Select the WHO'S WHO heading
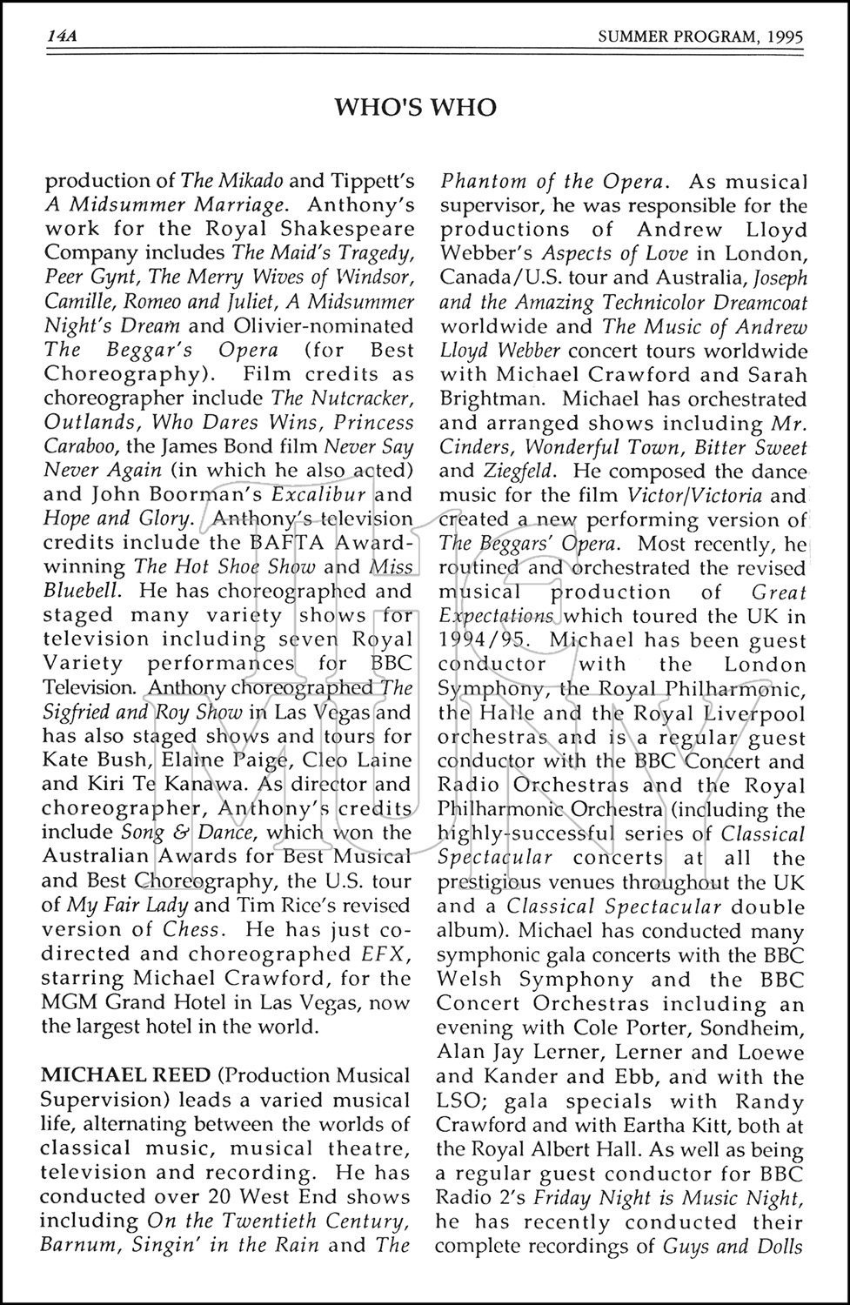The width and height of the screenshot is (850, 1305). pyautogui.click(x=416, y=107)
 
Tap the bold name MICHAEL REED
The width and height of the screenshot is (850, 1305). pyautogui.click(x=104, y=1076)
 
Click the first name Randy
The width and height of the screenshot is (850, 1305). pyautogui.click(x=760, y=1101)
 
